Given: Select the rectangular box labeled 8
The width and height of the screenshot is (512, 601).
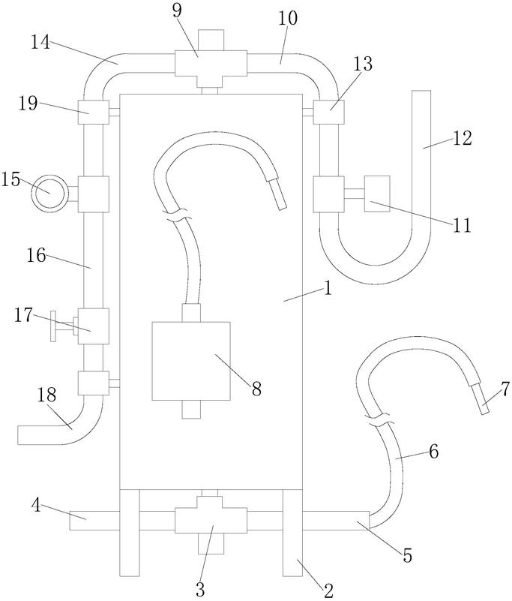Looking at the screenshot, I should [x=191, y=361].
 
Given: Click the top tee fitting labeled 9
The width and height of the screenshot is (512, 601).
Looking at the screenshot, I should [x=210, y=64].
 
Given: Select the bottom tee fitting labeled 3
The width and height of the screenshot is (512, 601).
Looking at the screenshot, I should [x=211, y=519].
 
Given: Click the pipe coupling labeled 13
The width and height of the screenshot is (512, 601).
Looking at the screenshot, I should [x=328, y=112].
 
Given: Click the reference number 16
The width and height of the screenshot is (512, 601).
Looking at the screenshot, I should [x=37, y=255].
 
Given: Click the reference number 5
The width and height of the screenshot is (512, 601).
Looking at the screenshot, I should [x=407, y=556].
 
